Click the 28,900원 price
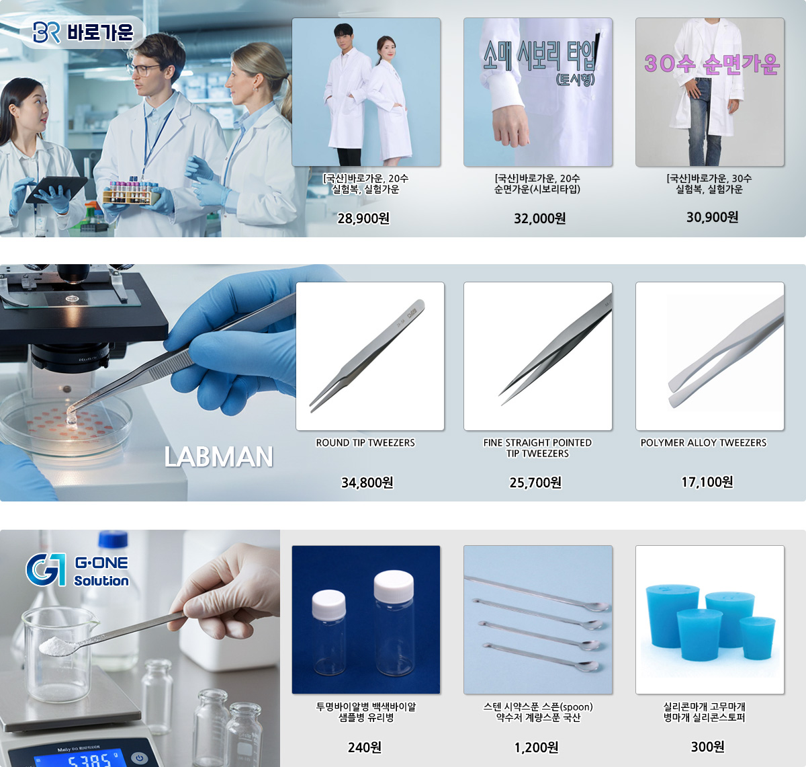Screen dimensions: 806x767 click(363, 218)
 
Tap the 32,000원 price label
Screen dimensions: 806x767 click(539, 218)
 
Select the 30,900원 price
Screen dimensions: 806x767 click(712, 217)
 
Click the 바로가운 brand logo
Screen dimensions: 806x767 click(83, 32)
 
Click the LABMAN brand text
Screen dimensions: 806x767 click(218, 456)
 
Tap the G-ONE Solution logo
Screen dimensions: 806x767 click(77, 569)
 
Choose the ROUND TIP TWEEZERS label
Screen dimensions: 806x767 click(365, 443)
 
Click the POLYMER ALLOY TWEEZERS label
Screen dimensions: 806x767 click(703, 443)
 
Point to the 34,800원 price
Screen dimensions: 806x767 click(367, 483)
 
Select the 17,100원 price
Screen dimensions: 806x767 click(707, 482)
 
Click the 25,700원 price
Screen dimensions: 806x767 click(535, 483)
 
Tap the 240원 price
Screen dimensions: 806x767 click(365, 748)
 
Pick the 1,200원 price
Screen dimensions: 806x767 click(536, 748)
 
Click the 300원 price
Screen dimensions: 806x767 click(708, 746)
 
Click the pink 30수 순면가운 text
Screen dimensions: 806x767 click(712, 64)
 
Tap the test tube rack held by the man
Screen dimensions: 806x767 click(131, 192)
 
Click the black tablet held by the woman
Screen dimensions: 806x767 click(56, 189)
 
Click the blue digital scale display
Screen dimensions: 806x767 click(73, 759)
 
